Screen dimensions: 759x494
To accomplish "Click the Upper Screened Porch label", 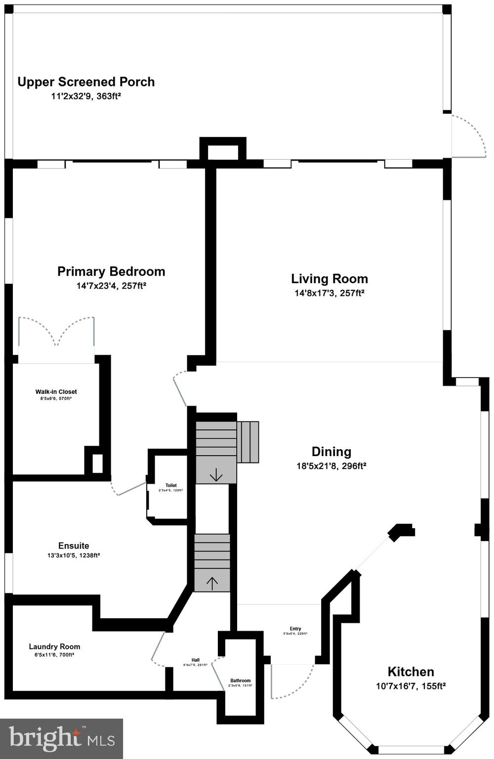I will click(x=86, y=82).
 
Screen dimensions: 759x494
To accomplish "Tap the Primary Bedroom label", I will click(x=111, y=271).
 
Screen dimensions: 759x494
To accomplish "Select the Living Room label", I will click(x=329, y=279).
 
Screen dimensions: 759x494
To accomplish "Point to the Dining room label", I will click(x=331, y=452).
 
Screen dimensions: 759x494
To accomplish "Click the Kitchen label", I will click(x=411, y=672).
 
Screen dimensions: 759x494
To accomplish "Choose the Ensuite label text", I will click(x=74, y=546).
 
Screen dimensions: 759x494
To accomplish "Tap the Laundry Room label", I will click(x=54, y=646).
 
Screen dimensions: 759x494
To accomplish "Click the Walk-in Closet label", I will click(x=56, y=392).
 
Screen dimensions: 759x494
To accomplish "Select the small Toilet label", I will click(x=171, y=485).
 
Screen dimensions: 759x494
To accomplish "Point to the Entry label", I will click(x=295, y=629).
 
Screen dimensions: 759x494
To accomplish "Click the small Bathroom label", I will click(x=240, y=680).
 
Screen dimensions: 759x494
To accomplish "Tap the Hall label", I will click(x=196, y=660).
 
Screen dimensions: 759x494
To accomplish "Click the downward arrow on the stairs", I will click(x=216, y=475).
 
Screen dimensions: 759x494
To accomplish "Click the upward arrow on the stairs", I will click(x=212, y=583).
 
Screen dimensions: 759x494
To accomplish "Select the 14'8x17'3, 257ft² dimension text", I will click(x=329, y=293).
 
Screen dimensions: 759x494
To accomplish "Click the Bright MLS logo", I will click(x=61, y=738).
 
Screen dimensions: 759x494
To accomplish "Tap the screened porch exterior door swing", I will click(x=469, y=136).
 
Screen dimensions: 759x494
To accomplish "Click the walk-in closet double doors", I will click(x=56, y=332).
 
